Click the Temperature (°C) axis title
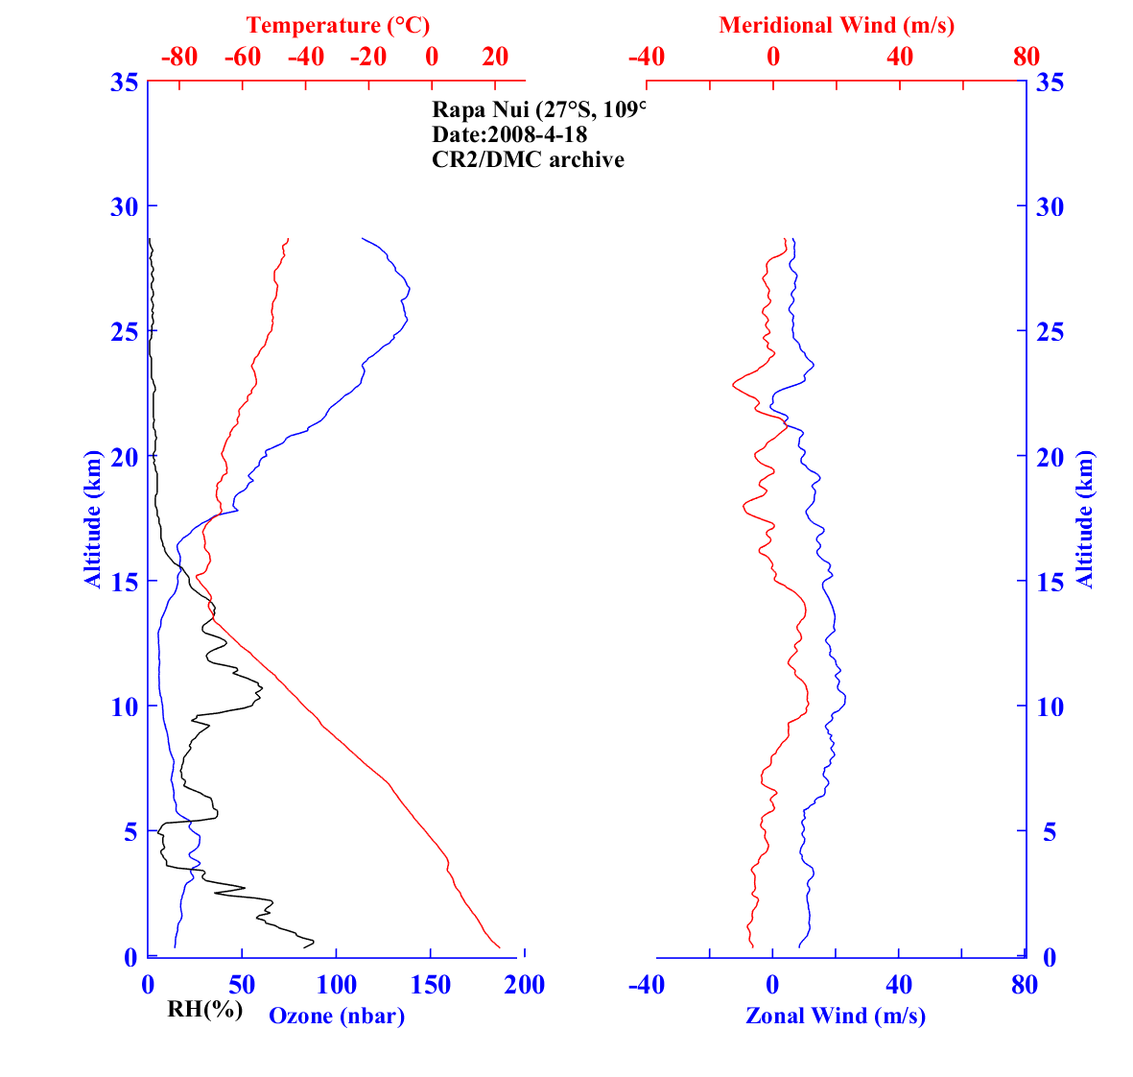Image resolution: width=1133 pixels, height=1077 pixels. click(x=338, y=25)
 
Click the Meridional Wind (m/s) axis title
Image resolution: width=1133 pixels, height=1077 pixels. click(x=836, y=25)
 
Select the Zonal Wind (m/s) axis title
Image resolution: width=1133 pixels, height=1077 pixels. click(x=835, y=1016)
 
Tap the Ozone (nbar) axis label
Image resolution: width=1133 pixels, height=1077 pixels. click(x=337, y=1016)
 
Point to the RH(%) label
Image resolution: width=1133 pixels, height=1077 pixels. click(x=204, y=1009)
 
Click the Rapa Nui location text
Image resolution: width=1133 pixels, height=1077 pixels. click(x=539, y=109)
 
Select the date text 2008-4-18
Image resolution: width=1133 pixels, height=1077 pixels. click(x=509, y=134)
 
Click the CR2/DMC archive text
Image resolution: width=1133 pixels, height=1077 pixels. click(x=528, y=159)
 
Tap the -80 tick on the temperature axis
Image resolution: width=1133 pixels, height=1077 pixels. click(x=179, y=57)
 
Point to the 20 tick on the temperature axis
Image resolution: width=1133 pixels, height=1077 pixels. click(x=495, y=57)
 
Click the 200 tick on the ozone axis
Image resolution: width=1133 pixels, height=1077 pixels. click(x=525, y=985)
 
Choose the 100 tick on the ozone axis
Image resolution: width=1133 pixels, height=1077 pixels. click(x=337, y=985)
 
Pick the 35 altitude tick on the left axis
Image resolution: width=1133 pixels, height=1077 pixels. click(x=123, y=83)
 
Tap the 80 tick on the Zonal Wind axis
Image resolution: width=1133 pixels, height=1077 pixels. click(x=1025, y=985)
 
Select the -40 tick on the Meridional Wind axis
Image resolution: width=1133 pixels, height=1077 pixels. click(x=646, y=57)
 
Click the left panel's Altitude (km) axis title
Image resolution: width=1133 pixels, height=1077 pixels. click(x=92, y=518)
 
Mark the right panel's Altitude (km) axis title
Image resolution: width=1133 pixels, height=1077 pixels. click(x=1084, y=518)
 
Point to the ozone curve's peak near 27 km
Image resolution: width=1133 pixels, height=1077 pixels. click(x=410, y=288)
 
